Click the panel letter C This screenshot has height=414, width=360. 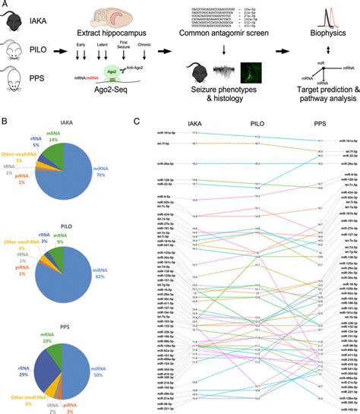pos(137,120)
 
